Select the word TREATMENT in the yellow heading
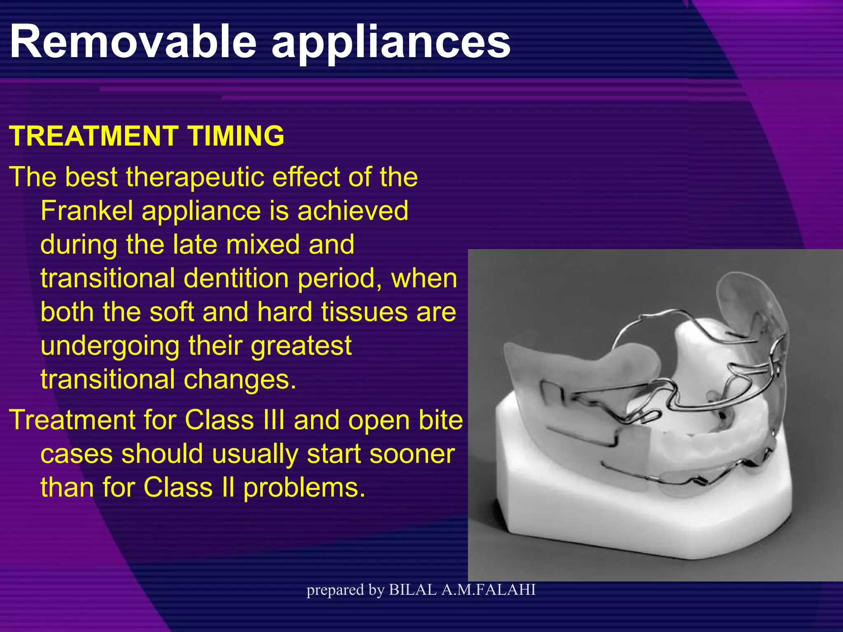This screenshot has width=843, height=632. pos(93,136)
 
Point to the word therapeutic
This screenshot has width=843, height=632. pos(197,177)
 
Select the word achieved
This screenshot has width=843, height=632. pos(353,211)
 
